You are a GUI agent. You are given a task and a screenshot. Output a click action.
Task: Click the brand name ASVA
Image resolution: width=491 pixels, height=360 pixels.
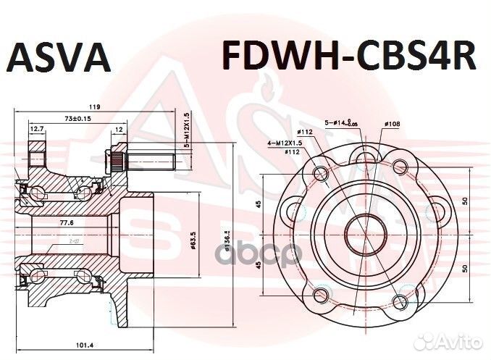[x=59, y=56]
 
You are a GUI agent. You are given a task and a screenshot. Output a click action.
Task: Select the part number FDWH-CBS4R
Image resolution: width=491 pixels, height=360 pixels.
[x=348, y=56]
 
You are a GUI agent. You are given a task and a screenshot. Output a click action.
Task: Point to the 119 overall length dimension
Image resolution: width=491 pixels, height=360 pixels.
[x=95, y=107]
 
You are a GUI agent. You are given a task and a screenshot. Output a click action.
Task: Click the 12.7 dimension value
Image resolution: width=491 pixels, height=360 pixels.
[x=36, y=129]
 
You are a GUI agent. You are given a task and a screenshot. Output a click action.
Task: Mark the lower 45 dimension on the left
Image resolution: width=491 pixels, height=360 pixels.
[x=259, y=264]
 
